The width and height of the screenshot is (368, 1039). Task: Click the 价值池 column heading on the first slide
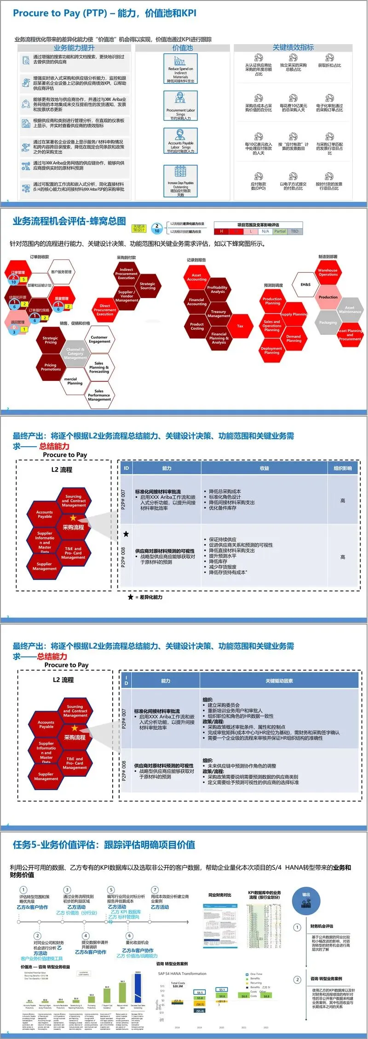[182, 48]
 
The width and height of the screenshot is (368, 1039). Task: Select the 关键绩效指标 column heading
[293, 47]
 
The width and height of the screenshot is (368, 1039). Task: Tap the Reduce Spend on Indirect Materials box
[180, 69]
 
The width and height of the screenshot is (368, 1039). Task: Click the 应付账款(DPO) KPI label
[258, 186]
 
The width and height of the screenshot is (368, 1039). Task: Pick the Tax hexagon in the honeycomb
[240, 326]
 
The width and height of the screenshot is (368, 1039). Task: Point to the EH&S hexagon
[305, 285]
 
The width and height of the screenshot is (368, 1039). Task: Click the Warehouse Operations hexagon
[328, 272]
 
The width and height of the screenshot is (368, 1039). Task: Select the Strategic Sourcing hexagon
[148, 286]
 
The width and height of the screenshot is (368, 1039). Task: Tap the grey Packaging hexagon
[328, 322]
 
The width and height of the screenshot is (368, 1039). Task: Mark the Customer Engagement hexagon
[99, 339]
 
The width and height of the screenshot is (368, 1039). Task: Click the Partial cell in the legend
[280, 231]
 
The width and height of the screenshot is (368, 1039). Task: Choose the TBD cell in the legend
[294, 231]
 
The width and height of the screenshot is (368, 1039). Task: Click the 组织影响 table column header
[342, 468]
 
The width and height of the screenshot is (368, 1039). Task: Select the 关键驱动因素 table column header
[279, 681]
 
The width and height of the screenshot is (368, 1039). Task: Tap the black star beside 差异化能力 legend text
[131, 597]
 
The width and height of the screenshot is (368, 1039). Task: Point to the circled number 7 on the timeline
[155, 890]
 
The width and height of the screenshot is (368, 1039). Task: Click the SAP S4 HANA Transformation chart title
[182, 974]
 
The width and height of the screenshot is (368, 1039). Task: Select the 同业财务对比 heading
[220, 895]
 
